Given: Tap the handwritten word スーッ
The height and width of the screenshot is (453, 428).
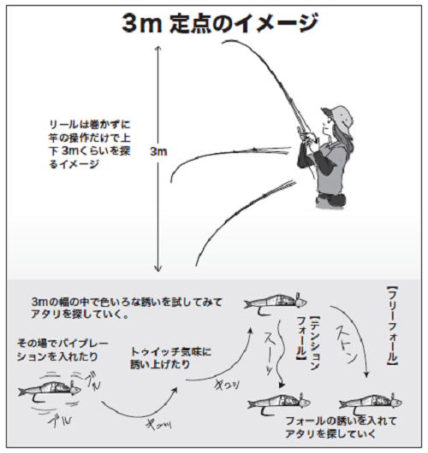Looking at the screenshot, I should click(x=272, y=346).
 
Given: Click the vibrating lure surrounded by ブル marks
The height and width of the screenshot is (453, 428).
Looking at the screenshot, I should click(x=47, y=390).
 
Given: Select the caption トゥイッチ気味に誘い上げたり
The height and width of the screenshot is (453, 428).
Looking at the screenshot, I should click(x=171, y=357).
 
